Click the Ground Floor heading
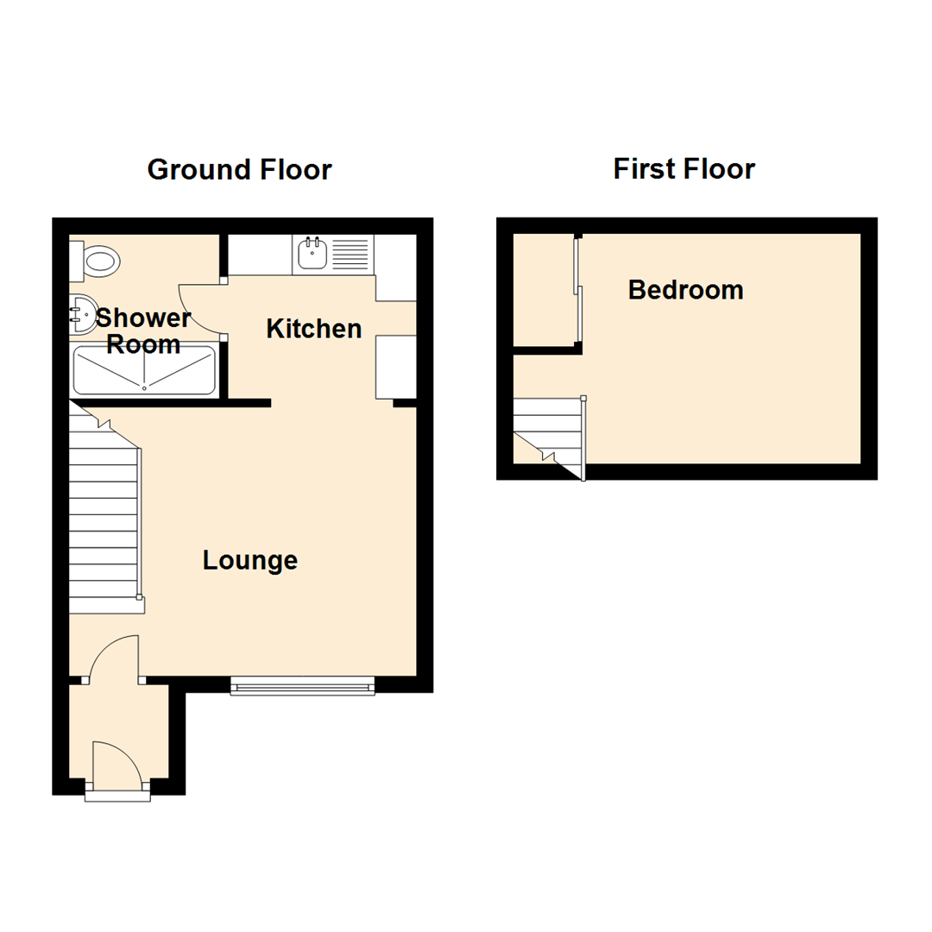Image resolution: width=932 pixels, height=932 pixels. [x=239, y=169]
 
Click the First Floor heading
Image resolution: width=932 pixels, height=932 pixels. [x=683, y=169]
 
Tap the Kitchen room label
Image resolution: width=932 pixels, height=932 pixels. [x=313, y=329]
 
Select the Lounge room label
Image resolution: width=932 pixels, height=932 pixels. [x=250, y=561]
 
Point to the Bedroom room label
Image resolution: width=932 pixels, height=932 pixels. [x=685, y=290]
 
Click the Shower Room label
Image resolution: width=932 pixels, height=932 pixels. [x=142, y=331]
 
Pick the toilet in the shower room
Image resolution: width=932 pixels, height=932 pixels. [x=97, y=260]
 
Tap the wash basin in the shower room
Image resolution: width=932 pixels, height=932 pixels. [x=83, y=314]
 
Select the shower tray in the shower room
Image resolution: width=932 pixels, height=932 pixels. [x=144, y=370]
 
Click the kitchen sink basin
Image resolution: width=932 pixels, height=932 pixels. [x=311, y=254]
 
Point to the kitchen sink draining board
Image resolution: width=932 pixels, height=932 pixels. [x=351, y=254]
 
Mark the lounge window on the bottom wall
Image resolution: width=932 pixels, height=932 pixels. [x=302, y=687]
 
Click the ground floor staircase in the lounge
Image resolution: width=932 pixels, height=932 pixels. [x=104, y=518]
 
